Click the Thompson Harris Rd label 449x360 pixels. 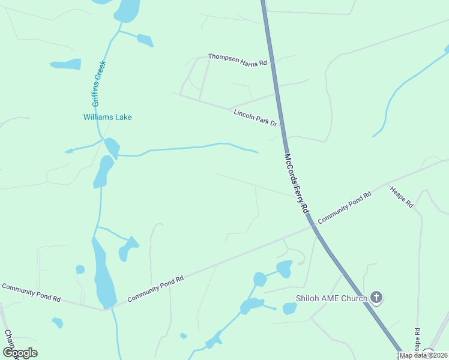coord(237,59)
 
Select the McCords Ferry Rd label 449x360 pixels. coord(296,184)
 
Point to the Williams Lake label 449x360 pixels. coord(107,118)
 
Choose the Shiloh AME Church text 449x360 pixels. coord(331,298)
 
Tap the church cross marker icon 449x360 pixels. coord(376,297)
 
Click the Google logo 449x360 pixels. coord(20,353)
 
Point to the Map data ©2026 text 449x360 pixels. coord(423,355)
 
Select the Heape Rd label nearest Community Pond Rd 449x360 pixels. coord(402,197)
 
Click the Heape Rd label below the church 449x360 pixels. coord(416,340)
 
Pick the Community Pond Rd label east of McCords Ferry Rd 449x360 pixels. coord(345,208)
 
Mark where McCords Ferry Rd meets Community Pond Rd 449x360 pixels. coord(312,226)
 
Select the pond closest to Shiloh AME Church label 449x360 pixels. coord(290,308)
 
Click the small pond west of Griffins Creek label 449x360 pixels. coord(65,64)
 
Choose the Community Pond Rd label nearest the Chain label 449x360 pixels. coord(31,292)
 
